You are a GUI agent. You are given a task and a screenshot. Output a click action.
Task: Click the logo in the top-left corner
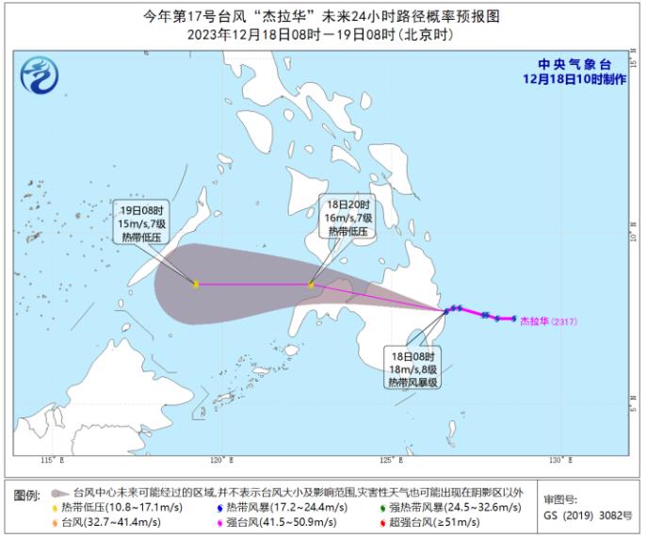pos(40,72)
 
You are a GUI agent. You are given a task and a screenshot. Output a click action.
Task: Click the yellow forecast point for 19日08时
pos(196,284)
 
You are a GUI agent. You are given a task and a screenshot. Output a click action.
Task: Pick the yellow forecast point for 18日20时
pos(312,284)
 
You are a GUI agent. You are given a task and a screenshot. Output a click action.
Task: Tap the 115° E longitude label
pos(52,460)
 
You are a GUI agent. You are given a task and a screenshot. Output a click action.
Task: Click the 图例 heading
pos(27,495)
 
